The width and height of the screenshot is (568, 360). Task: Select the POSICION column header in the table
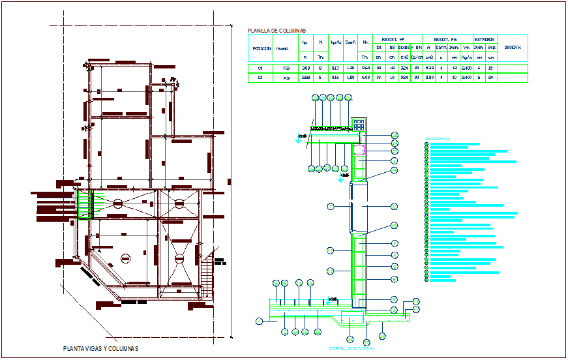(262, 48)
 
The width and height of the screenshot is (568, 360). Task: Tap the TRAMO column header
(282, 48)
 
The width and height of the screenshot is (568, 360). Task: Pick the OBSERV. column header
(512, 48)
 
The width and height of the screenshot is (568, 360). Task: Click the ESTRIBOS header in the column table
(484, 39)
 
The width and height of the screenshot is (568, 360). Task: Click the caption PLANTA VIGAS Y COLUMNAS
(100, 348)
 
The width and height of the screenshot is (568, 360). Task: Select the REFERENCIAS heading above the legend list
(438, 138)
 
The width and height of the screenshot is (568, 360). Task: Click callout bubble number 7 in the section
(331, 206)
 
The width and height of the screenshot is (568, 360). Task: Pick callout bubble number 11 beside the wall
(331, 250)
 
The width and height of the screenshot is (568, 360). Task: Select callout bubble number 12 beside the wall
(331, 270)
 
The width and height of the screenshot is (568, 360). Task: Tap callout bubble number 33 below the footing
(350, 340)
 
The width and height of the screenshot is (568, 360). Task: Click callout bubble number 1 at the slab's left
(259, 321)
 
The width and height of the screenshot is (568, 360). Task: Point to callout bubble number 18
(395, 171)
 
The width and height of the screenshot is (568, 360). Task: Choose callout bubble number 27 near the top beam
(395, 151)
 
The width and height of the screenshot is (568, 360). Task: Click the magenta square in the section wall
(359, 150)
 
